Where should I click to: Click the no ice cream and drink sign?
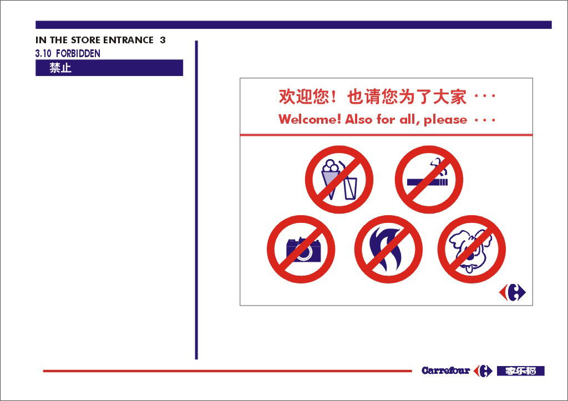pos(339,179)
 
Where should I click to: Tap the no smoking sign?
pos(429,179)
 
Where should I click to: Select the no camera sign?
pos(301,249)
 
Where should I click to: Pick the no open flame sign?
pos(388,249)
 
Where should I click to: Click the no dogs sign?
pos(471,249)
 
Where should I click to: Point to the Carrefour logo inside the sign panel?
pos(512,292)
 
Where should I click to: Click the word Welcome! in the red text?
pos(310,119)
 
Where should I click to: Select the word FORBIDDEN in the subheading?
pos(78,54)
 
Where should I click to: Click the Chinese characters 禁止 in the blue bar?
pos(60,68)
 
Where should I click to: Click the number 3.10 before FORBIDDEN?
pos(43,54)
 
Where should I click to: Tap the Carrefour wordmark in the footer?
pos(445,370)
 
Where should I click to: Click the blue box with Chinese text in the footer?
pos(520,371)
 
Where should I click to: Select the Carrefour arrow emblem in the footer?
pos(483,371)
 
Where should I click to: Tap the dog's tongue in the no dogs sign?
pos(468,268)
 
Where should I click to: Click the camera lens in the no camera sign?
pos(305,252)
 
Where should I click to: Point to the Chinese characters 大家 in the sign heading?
pos(450,97)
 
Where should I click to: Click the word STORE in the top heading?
pos(85,40)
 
